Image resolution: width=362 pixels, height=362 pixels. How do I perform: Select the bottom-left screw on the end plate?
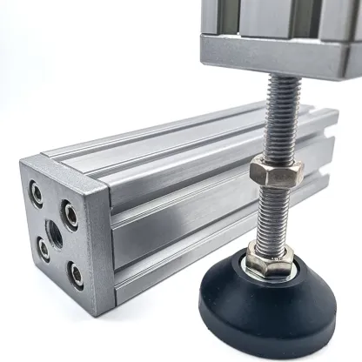[44, 250]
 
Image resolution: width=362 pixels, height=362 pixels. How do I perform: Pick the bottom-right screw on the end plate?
[76, 277]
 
